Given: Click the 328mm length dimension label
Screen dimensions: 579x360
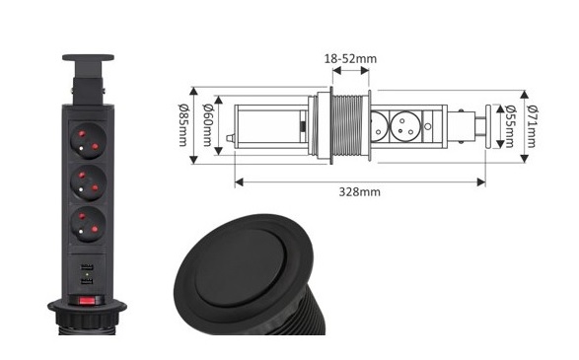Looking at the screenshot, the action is pos(359,192).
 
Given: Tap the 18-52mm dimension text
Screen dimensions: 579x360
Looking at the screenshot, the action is pos(350,59).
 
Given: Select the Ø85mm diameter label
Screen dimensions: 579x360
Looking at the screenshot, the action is pos(182,125).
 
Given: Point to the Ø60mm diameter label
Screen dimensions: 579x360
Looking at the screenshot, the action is pos(207,125).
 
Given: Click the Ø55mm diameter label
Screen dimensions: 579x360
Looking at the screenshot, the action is pos(510,126).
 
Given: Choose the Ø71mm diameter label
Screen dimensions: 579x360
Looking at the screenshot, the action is pos(532,126).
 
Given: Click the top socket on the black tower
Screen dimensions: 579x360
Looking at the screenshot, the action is pos(88,141).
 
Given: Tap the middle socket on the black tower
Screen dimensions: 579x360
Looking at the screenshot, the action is pos(88,182).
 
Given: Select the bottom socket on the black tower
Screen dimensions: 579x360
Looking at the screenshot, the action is pos(88,224).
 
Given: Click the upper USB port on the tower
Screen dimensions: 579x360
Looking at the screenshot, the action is pos(87,267).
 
